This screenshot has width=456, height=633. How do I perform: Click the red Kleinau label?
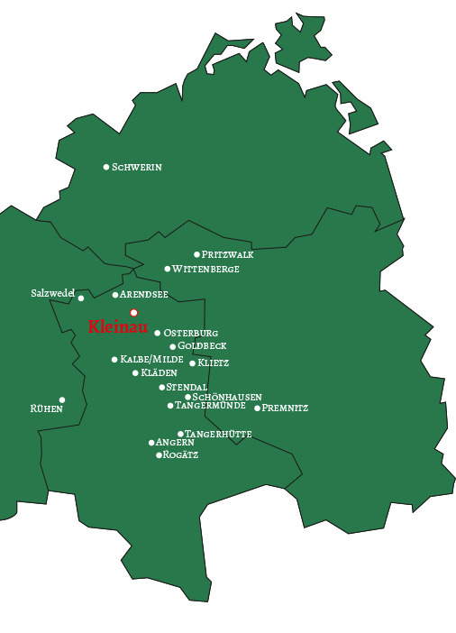tap(117, 327)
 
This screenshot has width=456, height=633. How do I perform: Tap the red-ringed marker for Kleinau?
tap(134, 313)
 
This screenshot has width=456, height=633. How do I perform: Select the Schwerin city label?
tap(137, 168)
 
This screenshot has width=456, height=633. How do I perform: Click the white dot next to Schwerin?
tap(106, 167)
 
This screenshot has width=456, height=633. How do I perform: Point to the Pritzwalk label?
tap(228, 255)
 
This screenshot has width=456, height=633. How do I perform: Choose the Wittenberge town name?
tap(205, 270)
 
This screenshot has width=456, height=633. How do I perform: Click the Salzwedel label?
tap(52, 294)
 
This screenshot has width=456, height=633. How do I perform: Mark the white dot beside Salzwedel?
tap(81, 298)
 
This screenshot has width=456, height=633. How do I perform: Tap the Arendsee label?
tap(144, 295)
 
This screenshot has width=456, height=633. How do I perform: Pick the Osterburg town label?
tap(191, 334)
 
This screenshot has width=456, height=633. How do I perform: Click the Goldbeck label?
tap(202, 346)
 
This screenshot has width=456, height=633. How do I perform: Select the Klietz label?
tap(214, 363)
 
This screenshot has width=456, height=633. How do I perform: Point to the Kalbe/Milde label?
tap(152, 360)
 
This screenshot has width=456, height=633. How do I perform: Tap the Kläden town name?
tap(160, 373)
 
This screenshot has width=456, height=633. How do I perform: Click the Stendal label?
tap(187, 388)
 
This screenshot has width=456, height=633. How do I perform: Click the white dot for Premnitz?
tap(257, 408)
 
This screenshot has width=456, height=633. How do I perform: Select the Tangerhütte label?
tap(218, 435)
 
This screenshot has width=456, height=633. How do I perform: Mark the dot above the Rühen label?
tap(62, 400)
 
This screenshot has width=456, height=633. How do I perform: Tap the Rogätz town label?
tap(180, 455)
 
